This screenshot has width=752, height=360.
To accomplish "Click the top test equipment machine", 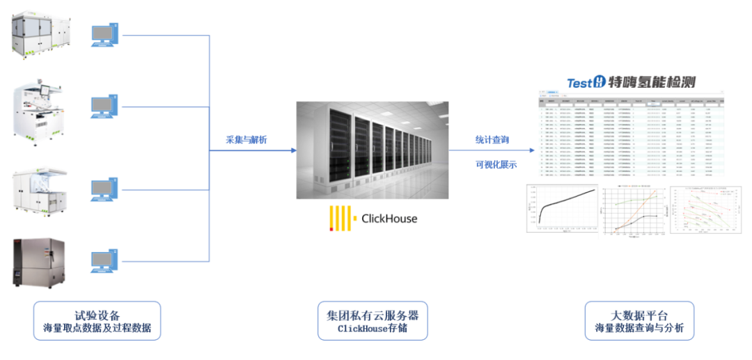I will (x=41, y=33).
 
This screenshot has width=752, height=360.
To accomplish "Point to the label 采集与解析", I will (x=246, y=140).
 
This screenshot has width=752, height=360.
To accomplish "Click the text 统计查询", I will (x=492, y=140).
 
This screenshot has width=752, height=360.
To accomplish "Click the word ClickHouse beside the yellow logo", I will (x=389, y=219).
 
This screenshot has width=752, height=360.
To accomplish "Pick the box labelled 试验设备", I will (x=97, y=321).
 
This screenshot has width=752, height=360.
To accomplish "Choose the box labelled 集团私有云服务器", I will (x=373, y=321).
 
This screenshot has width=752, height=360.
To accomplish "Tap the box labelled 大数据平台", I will (x=639, y=321).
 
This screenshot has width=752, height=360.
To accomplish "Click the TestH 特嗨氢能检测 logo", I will (x=630, y=82).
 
